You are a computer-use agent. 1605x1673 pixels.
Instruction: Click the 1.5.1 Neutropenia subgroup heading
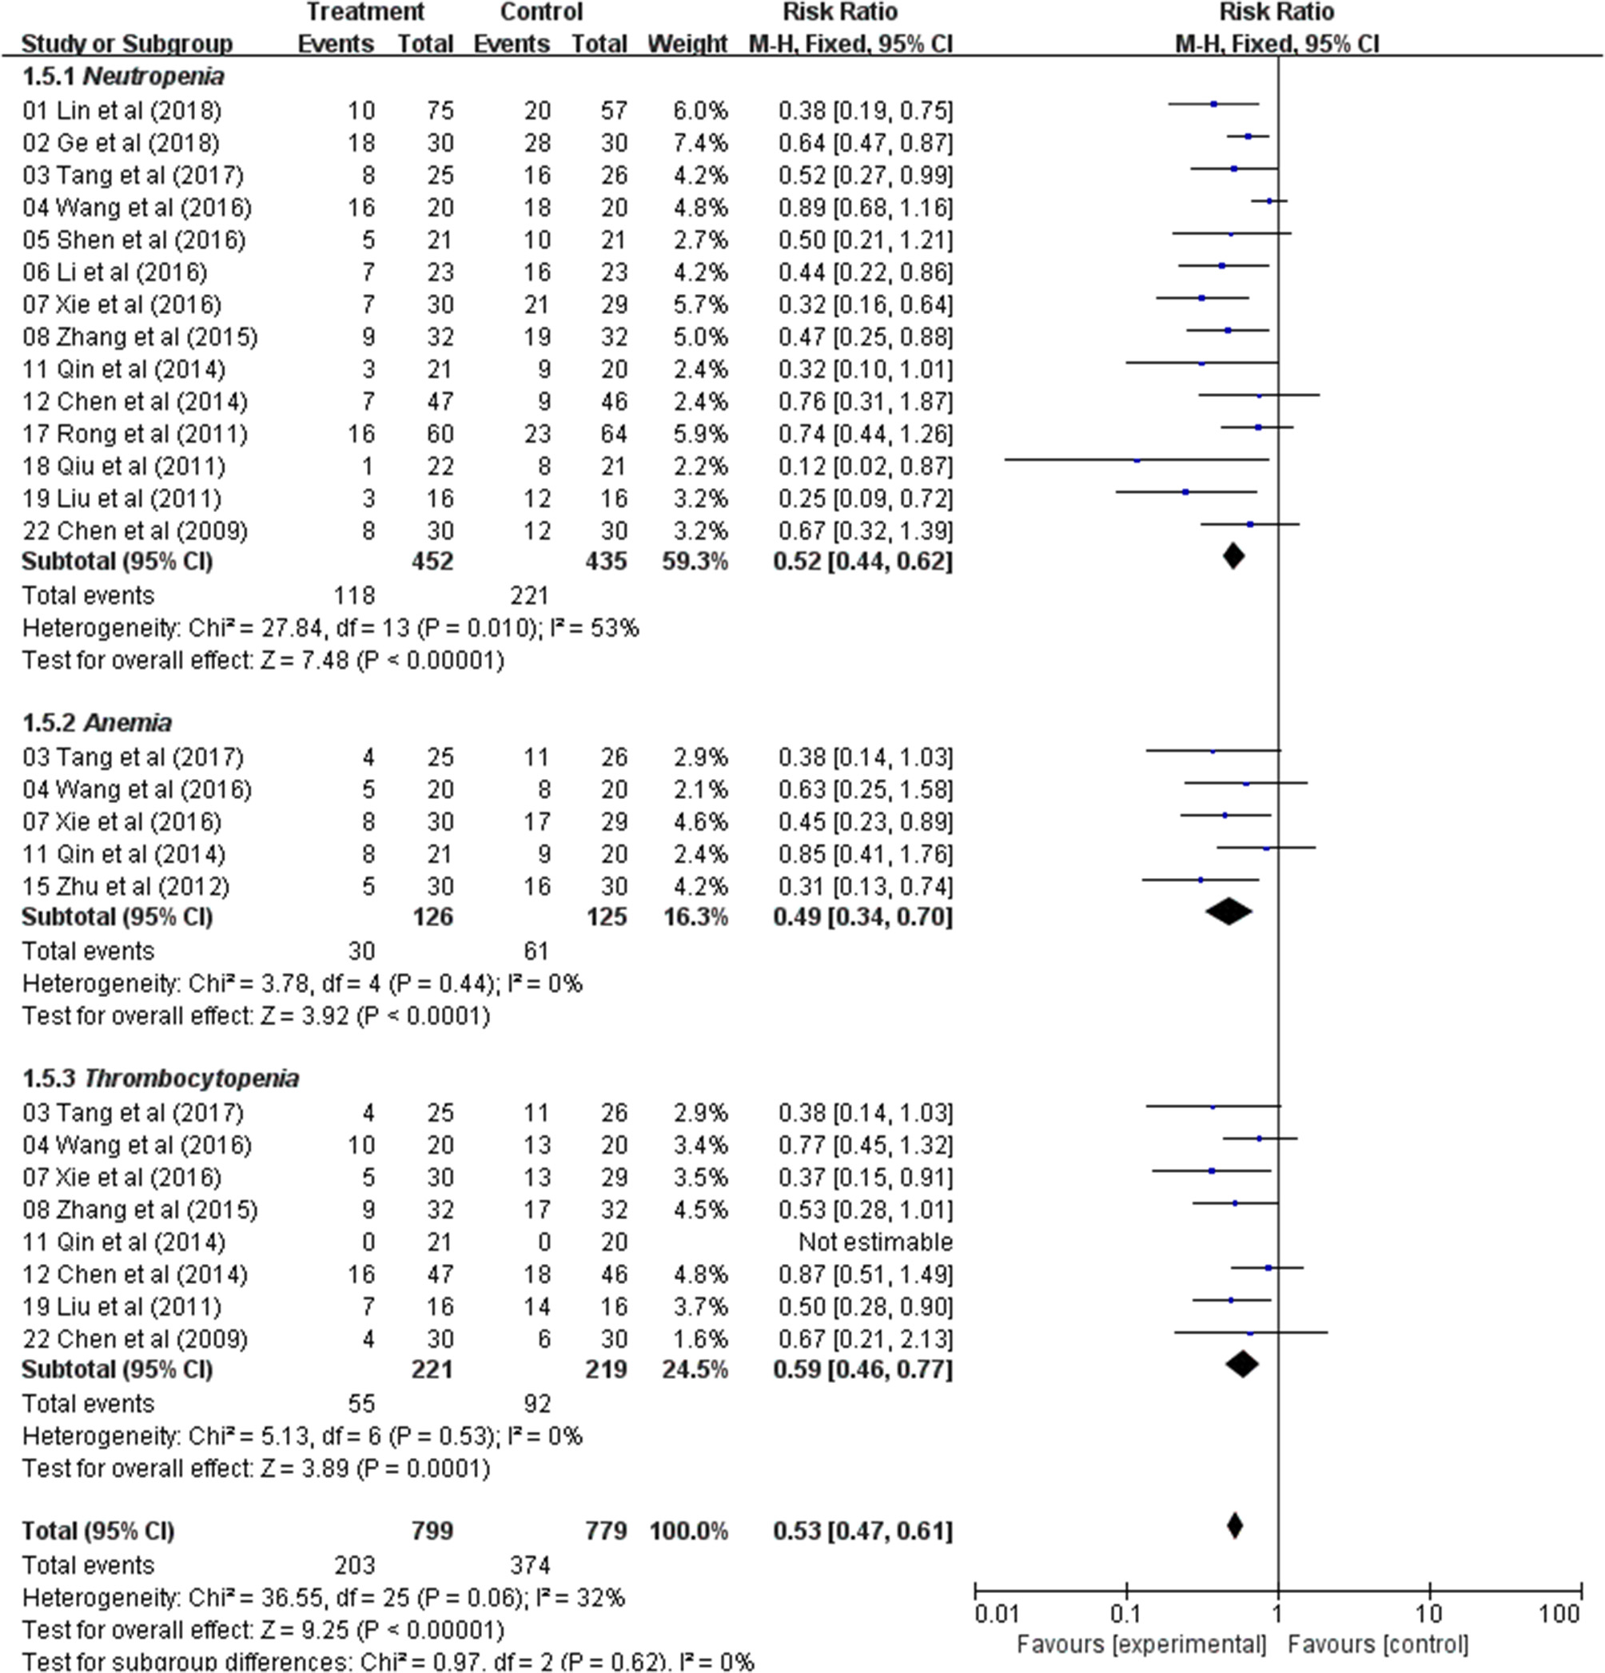(123, 77)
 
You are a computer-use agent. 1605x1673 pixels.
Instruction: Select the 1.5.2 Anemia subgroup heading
(97, 723)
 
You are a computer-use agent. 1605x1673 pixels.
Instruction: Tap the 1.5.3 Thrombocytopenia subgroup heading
(161, 1079)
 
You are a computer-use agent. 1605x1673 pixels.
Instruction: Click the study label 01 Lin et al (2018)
(121, 111)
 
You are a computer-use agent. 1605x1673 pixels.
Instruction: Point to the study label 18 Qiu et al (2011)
(124, 467)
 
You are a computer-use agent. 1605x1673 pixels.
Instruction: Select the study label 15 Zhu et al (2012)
(125, 887)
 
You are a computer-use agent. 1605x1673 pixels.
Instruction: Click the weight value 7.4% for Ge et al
(699, 143)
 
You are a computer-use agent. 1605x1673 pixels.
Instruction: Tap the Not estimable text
(875, 1243)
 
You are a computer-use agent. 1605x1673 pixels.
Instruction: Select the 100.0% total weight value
(688, 1532)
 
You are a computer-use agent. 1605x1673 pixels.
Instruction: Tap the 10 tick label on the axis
(1429, 1614)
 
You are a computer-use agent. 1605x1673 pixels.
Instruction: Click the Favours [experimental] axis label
(1141, 1645)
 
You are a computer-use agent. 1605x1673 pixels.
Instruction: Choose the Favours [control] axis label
(1378, 1645)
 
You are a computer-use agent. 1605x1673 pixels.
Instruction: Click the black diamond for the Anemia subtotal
(1229, 912)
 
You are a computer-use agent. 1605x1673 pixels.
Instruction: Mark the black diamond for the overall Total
(1234, 1525)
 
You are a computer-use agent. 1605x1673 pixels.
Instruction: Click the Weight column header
(687, 45)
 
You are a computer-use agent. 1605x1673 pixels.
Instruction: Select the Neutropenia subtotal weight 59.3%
(695, 562)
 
